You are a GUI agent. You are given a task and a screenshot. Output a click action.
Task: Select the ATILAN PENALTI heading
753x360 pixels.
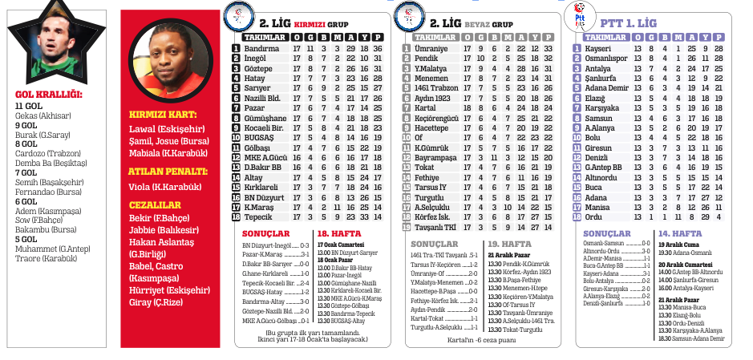(x=167, y=171)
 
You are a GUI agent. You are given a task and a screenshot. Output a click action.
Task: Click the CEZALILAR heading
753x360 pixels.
(x=155, y=205)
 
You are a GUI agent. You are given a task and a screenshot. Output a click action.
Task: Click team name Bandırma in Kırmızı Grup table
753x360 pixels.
(x=261, y=49)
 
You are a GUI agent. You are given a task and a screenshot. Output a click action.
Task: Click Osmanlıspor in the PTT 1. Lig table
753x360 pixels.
(x=605, y=59)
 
